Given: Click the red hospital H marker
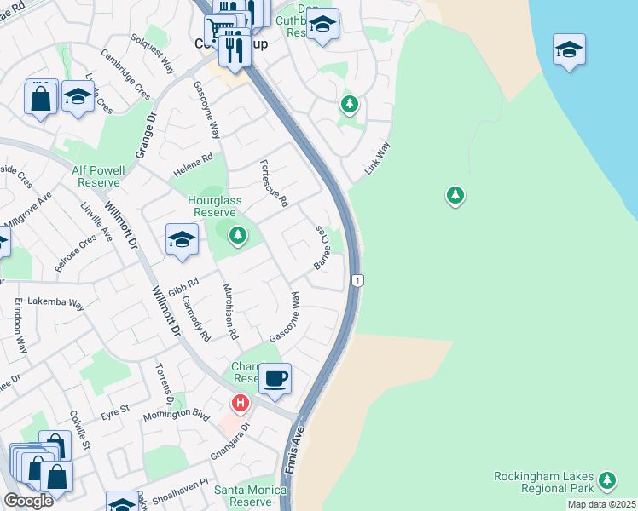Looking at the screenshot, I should pos(241,402).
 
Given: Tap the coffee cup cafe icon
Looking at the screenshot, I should pos(275,379).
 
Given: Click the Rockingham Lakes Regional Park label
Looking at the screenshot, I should pos(544,482).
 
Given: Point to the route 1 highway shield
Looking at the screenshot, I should pos(358,280).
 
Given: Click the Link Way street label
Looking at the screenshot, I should pos(377,158).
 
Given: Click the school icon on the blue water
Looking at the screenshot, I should pos(569,49).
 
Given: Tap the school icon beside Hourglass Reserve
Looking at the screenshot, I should pos(183,240).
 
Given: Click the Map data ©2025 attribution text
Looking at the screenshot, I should pos(601,504).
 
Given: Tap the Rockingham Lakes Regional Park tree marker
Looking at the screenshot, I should pos(607,480).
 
